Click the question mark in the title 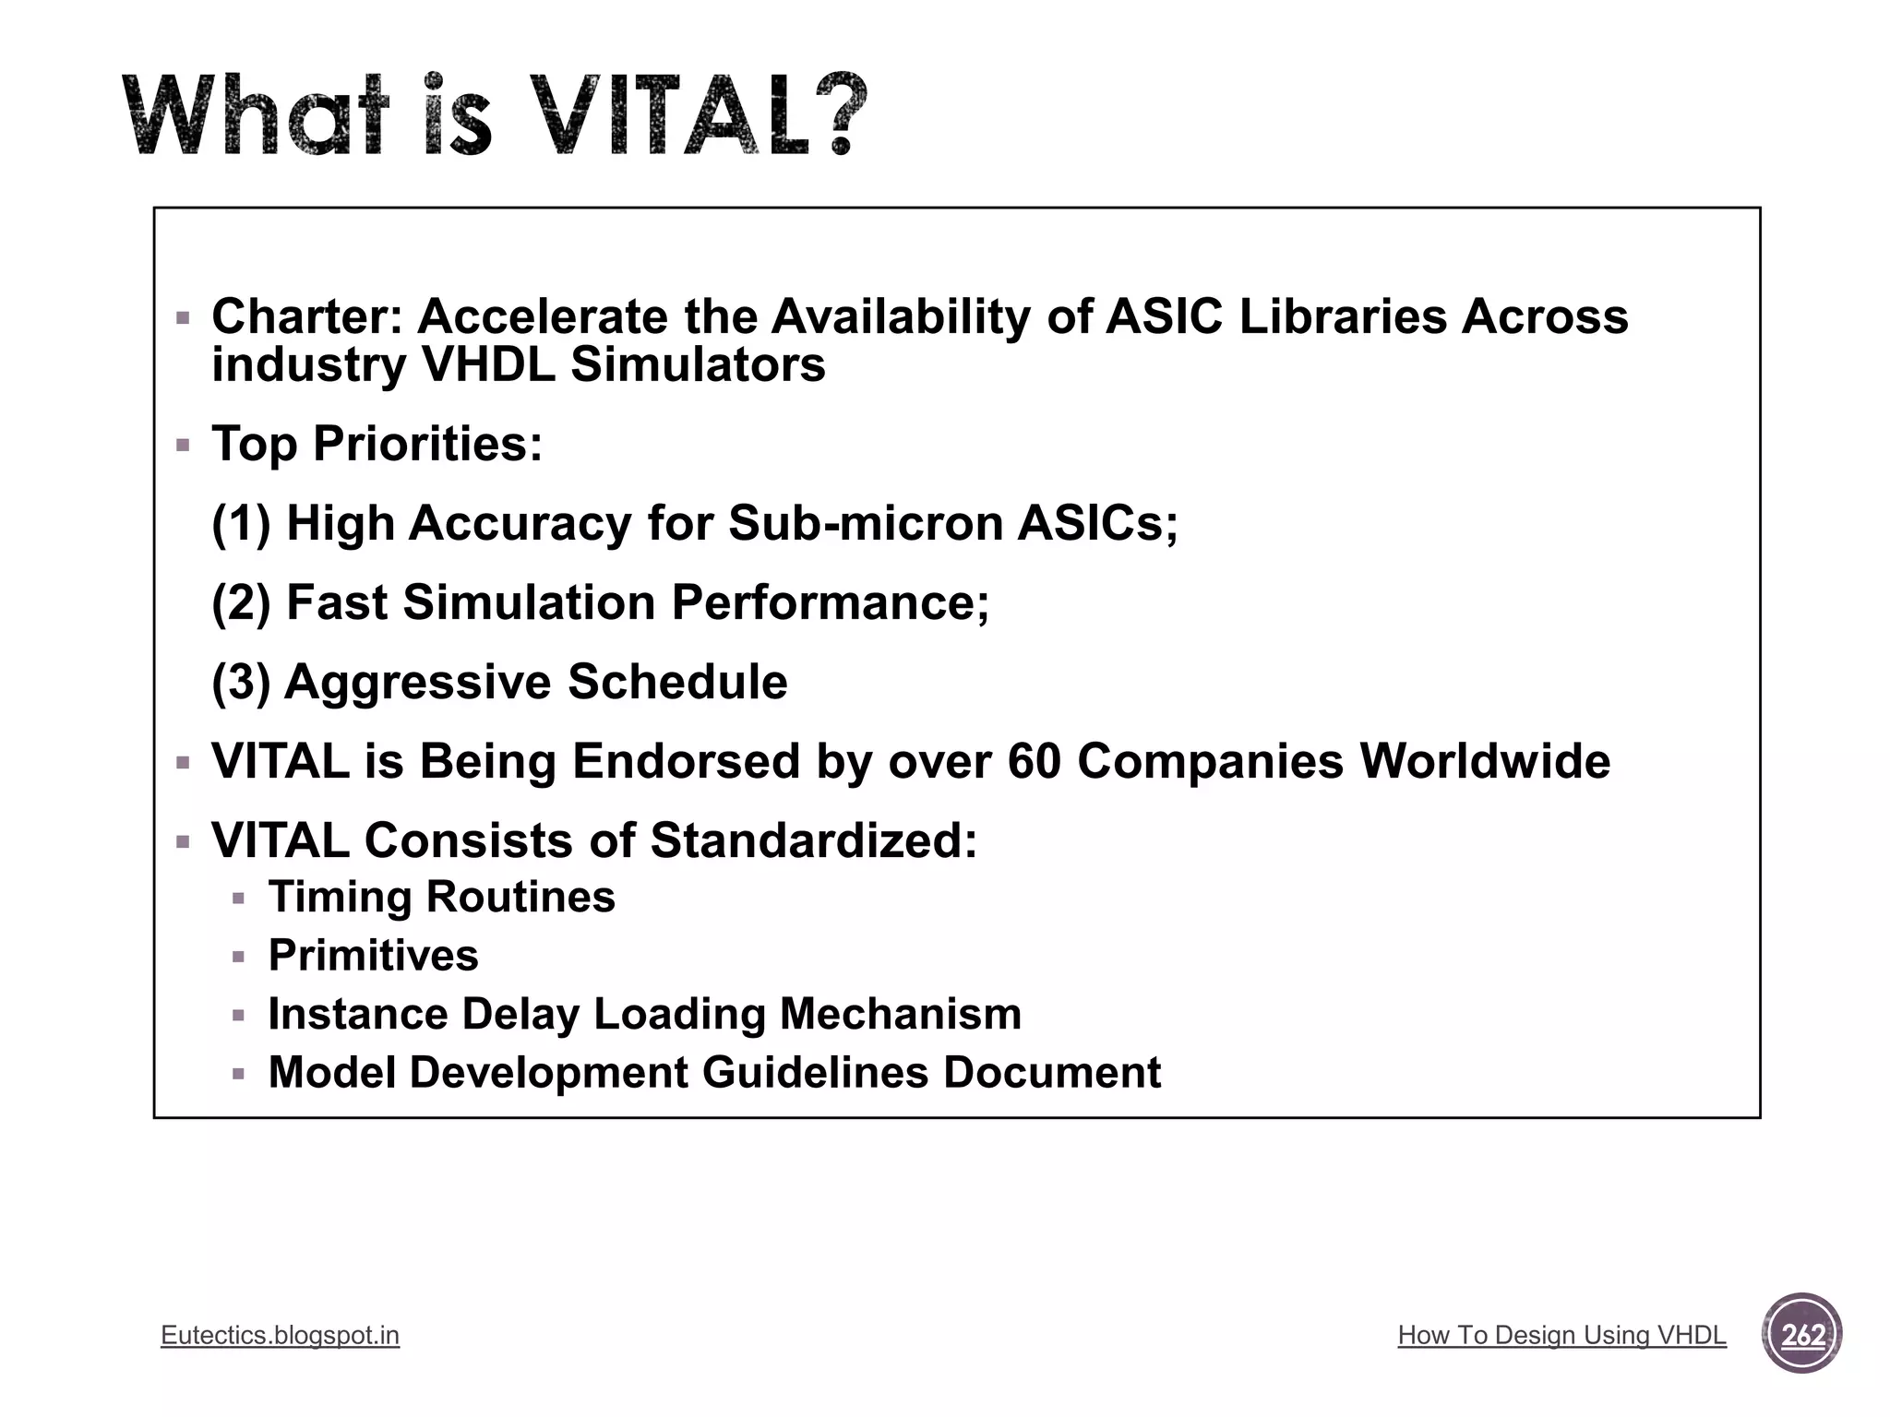tap(834, 113)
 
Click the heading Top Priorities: tap(377, 444)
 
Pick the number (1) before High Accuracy tap(241, 523)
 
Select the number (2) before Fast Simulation tap(241, 602)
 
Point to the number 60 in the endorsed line tap(1034, 761)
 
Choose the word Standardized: tap(813, 840)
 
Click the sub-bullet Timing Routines tap(441, 897)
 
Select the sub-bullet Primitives tap(373, 955)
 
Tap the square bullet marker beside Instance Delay tap(239, 1015)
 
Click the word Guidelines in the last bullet tap(815, 1072)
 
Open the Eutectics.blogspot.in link tap(280, 1335)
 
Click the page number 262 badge tap(1801, 1334)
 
